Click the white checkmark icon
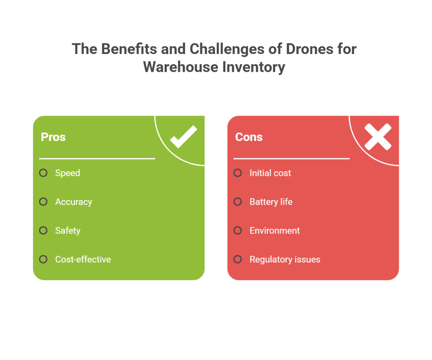pyautogui.click(x=184, y=136)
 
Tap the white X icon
pyautogui.click(x=378, y=136)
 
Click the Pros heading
pyautogui.click(x=53, y=137)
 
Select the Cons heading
pyautogui.click(x=249, y=137)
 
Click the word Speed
pyautogui.click(x=67, y=173)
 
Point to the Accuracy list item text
pyautogui.click(x=73, y=202)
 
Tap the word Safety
pyautogui.click(x=67, y=230)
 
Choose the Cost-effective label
pyautogui.click(x=83, y=259)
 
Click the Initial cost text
pyautogui.click(x=270, y=173)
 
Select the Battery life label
pyautogui.click(x=271, y=202)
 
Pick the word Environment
pyautogui.click(x=275, y=230)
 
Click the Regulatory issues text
pyautogui.click(x=285, y=259)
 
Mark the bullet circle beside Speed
pyautogui.click(x=43, y=173)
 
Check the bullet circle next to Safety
pyautogui.click(x=43, y=230)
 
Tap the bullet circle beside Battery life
pyautogui.click(x=238, y=202)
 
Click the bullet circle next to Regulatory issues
pyautogui.click(x=238, y=259)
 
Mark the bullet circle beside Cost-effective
pyautogui.click(x=43, y=259)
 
